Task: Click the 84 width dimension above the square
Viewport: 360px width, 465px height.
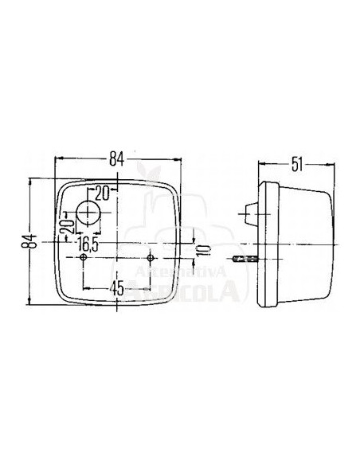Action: point(118,158)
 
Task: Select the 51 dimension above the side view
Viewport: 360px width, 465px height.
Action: point(297,165)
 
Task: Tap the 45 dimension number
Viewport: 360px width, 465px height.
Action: point(117,289)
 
